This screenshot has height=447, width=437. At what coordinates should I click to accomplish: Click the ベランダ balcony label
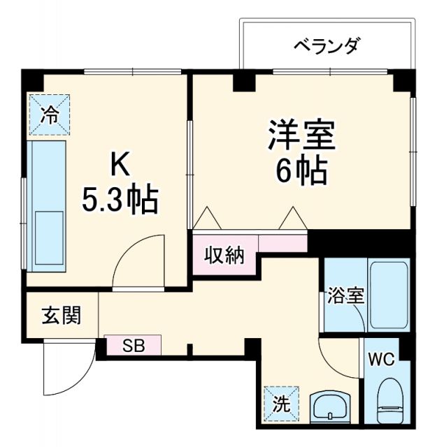pyautogui.click(x=326, y=47)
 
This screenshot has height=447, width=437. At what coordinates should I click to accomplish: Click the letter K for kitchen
pyautogui.click(x=120, y=166)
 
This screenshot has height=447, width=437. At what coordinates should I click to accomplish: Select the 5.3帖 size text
pyautogui.click(x=120, y=200)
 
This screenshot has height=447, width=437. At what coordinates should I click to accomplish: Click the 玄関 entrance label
pyautogui.click(x=60, y=316)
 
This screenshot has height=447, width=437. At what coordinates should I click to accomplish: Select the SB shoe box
pyautogui.click(x=133, y=345)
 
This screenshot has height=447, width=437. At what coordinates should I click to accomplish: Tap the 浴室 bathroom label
pyautogui.click(x=345, y=295)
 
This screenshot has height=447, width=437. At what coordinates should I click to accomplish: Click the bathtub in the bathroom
pyautogui.click(x=389, y=295)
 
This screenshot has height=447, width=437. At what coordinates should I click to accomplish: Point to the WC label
pyautogui.click(x=382, y=361)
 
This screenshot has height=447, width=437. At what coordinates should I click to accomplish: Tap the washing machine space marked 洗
pyautogui.click(x=282, y=404)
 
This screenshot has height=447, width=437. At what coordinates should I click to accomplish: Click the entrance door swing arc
pyautogui.click(x=66, y=370)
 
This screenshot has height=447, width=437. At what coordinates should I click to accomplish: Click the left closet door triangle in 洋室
pyautogui.click(x=208, y=219)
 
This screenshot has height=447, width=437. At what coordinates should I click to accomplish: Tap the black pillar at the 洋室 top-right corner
pyautogui.click(x=403, y=82)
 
